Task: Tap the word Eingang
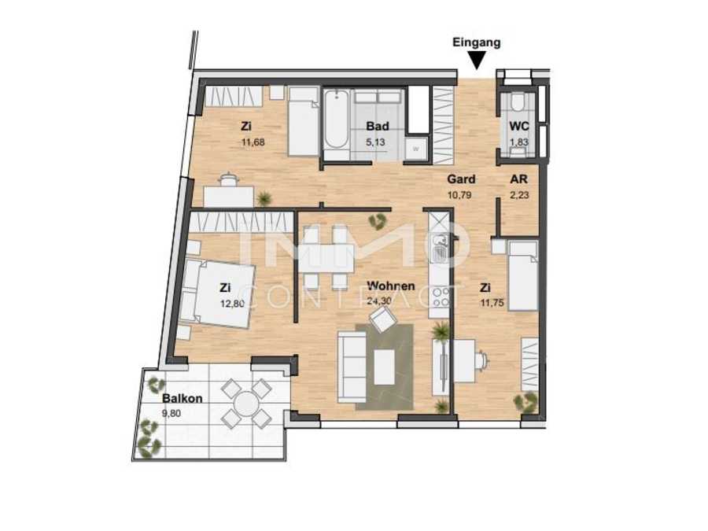tap(477, 43)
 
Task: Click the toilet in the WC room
tap(518, 102)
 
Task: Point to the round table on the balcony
tap(246, 404)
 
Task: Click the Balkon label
tap(182, 399)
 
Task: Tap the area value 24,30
tap(378, 301)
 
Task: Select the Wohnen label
tap(390, 286)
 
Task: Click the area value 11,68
tap(253, 142)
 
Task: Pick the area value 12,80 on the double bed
tap(232, 304)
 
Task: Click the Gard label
tap(461, 179)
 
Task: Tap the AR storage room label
tap(519, 179)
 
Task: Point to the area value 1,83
tap(519, 142)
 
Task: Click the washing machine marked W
tap(415, 149)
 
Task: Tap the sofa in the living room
tap(352, 367)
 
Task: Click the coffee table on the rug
tap(384, 368)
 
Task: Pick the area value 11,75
tap(492, 304)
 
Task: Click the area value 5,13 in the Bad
tap(375, 142)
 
